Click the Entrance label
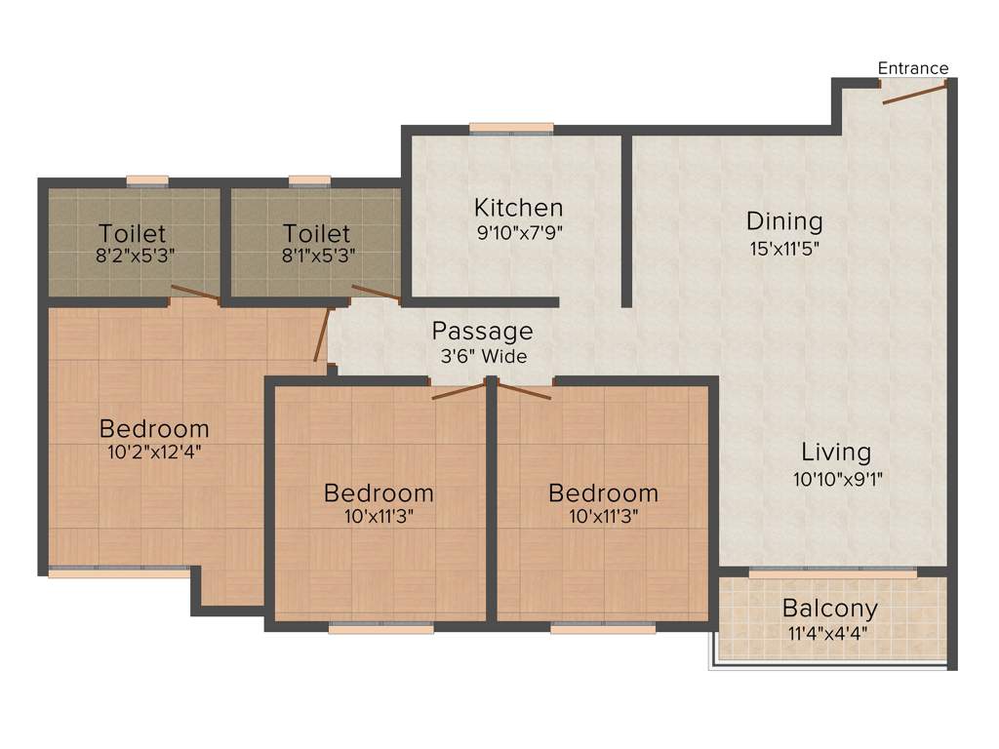click(x=912, y=68)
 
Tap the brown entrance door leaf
click(x=914, y=95)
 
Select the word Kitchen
click(x=518, y=208)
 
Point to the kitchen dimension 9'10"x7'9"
click(x=518, y=232)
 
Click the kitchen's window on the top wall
click(x=511, y=128)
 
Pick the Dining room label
click(x=784, y=221)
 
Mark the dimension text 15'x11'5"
click(x=784, y=248)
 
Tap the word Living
click(x=836, y=453)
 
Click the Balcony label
click(x=830, y=609)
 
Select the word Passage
click(x=483, y=331)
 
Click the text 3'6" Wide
click(x=483, y=356)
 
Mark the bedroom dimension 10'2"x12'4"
click(x=154, y=453)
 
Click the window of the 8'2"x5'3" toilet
click(x=147, y=180)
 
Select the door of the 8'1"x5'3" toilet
click(x=376, y=292)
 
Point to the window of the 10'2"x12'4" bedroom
click(x=119, y=572)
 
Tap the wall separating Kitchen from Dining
click(x=626, y=219)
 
